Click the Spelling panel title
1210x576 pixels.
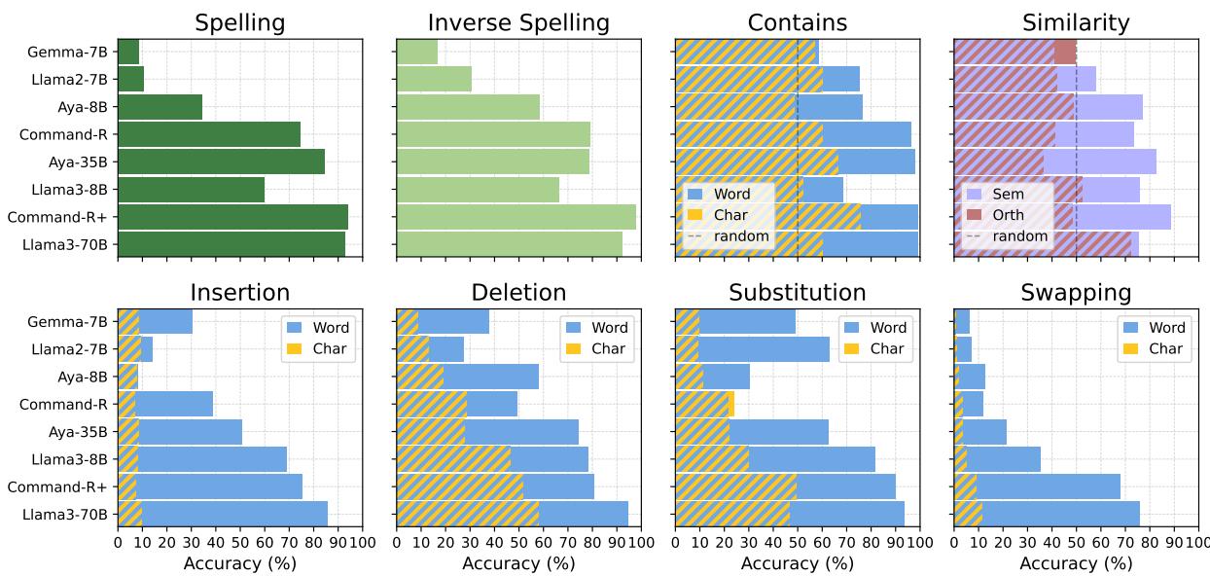coord(239,23)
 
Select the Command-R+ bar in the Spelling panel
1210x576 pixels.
coord(232,217)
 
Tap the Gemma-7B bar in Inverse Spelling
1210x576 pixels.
coord(417,52)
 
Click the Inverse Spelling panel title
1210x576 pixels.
coord(518,23)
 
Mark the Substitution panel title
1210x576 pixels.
coord(797,293)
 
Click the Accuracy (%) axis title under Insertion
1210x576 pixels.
coord(239,563)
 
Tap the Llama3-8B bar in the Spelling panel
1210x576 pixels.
coord(191,190)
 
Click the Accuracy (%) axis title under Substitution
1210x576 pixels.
coord(797,563)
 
